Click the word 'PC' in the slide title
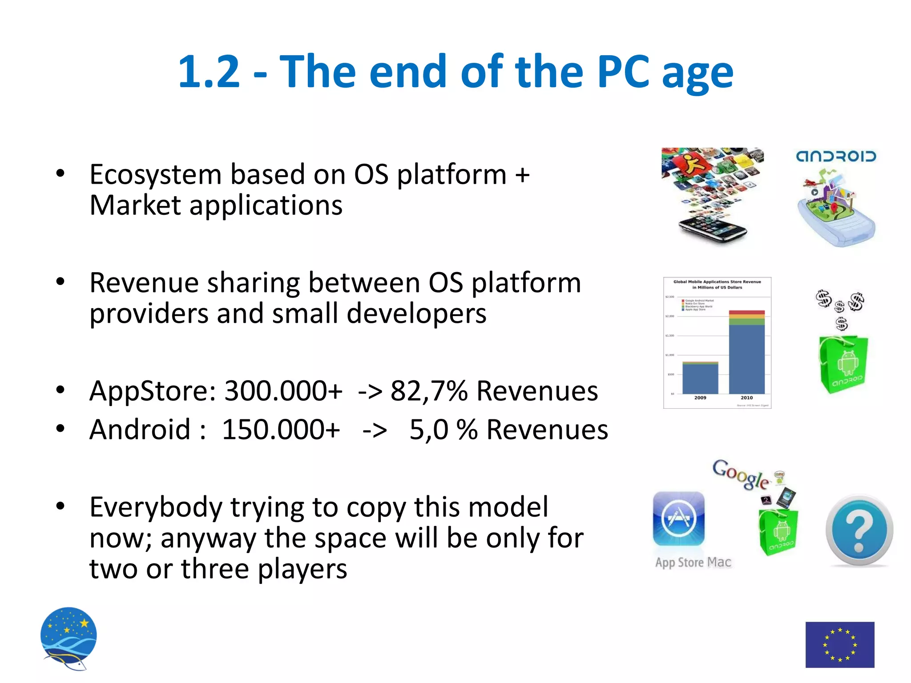(x=623, y=71)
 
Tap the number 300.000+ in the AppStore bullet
(x=283, y=391)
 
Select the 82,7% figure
(x=428, y=391)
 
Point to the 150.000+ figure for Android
(x=281, y=430)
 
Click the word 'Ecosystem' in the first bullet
(x=155, y=174)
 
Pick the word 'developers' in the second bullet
(x=416, y=313)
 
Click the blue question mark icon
(x=859, y=530)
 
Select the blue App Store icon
(x=679, y=518)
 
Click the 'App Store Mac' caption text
(x=693, y=562)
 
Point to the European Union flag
(x=840, y=644)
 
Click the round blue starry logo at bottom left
(x=69, y=637)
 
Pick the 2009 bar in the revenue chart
(x=700, y=378)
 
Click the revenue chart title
(x=717, y=285)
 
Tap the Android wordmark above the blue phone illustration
(x=836, y=157)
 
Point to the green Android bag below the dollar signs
(x=843, y=365)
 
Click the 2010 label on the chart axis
(x=747, y=398)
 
